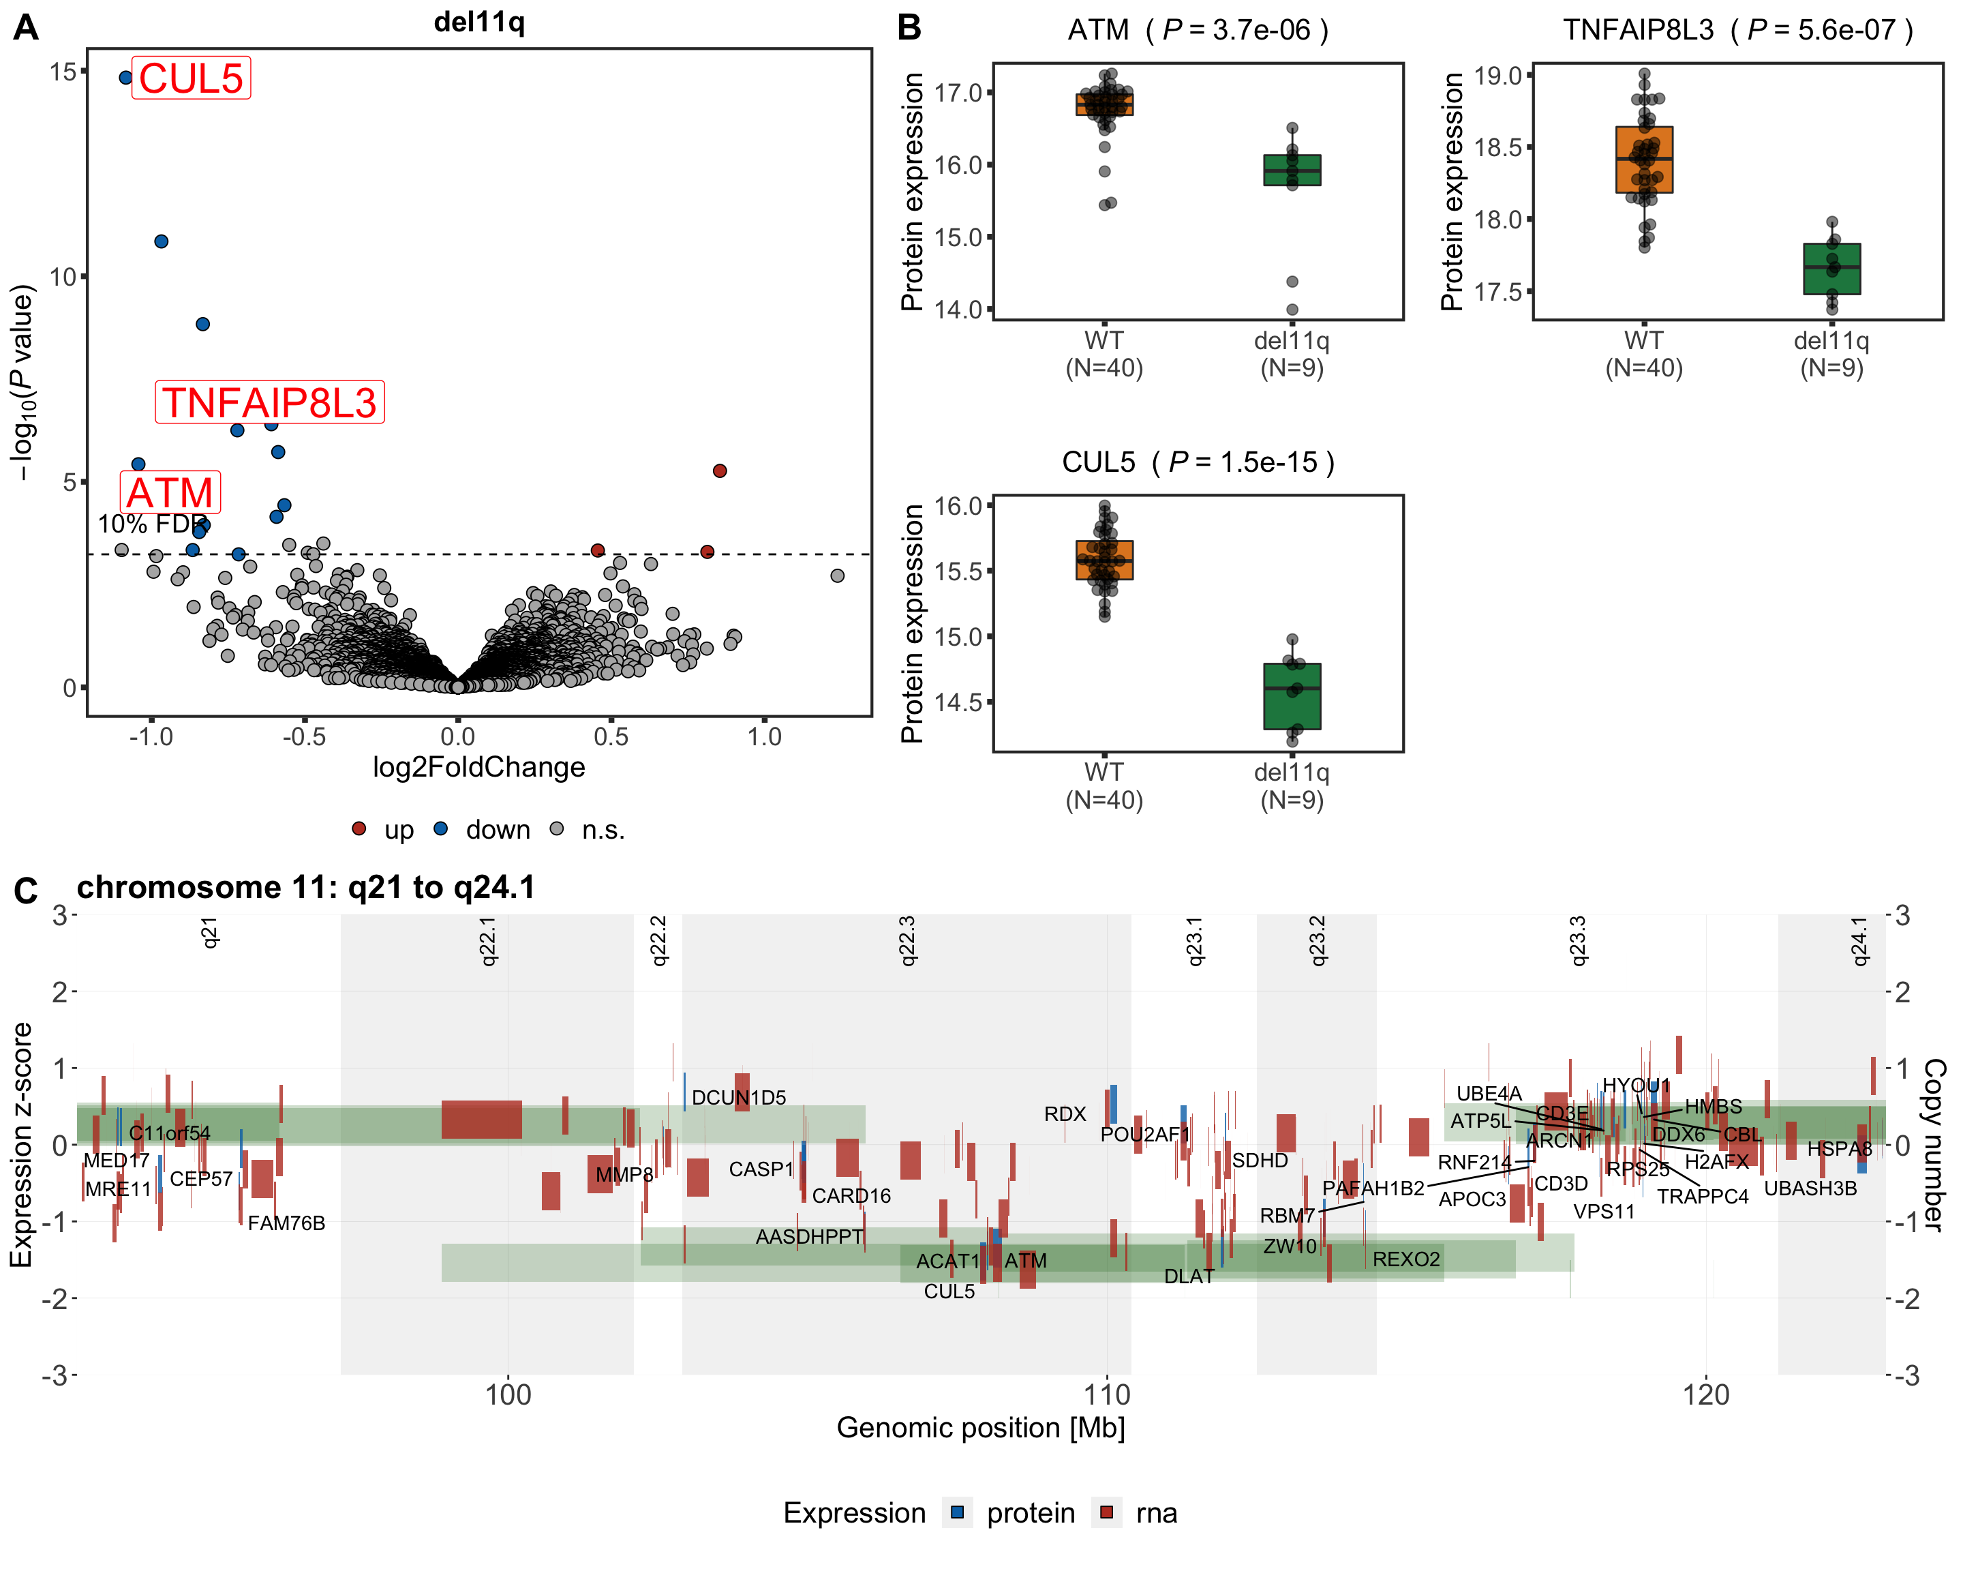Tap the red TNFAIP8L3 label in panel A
(269, 402)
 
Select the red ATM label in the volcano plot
(170, 493)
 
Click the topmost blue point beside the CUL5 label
(125, 78)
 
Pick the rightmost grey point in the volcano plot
(837, 575)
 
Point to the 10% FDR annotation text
(150, 524)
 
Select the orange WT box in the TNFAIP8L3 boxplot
(1643, 160)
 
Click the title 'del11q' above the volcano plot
(479, 22)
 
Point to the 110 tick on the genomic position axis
(1106, 1394)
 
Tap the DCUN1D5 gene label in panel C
(738, 1097)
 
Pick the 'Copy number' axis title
(1934, 1145)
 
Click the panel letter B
(909, 27)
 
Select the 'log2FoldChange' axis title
(479, 767)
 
